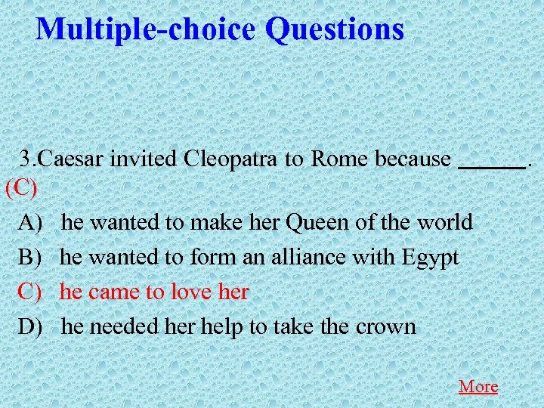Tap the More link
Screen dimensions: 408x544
click(x=478, y=386)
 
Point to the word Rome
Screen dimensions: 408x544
click(x=339, y=159)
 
